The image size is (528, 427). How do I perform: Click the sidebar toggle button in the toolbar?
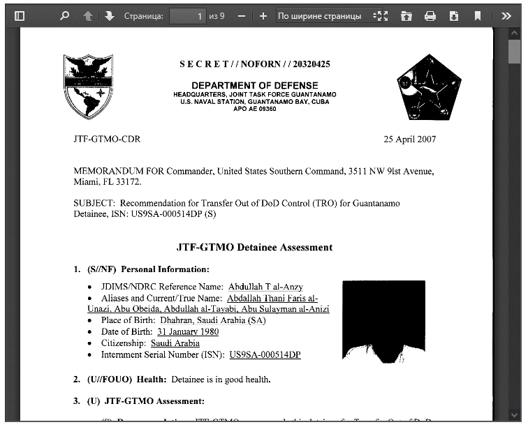[20, 15]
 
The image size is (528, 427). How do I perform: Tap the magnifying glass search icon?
[65, 15]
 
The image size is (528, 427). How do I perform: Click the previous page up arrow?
[88, 15]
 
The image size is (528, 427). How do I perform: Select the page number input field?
[187, 15]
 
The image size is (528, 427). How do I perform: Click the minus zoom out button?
[241, 15]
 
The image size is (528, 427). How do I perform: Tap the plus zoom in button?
[263, 15]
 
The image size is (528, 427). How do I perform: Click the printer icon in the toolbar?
[430, 15]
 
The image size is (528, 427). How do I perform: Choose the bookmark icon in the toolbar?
[478, 15]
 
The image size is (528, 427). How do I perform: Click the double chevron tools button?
[506, 15]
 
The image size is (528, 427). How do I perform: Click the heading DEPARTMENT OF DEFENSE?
[255, 85]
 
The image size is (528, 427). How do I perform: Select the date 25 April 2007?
[410, 139]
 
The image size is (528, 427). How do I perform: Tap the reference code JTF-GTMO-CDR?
[107, 139]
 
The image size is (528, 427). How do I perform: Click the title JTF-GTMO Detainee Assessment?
[255, 247]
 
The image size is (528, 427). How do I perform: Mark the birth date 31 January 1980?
[188, 332]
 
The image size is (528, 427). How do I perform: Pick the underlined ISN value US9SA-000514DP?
[265, 355]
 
